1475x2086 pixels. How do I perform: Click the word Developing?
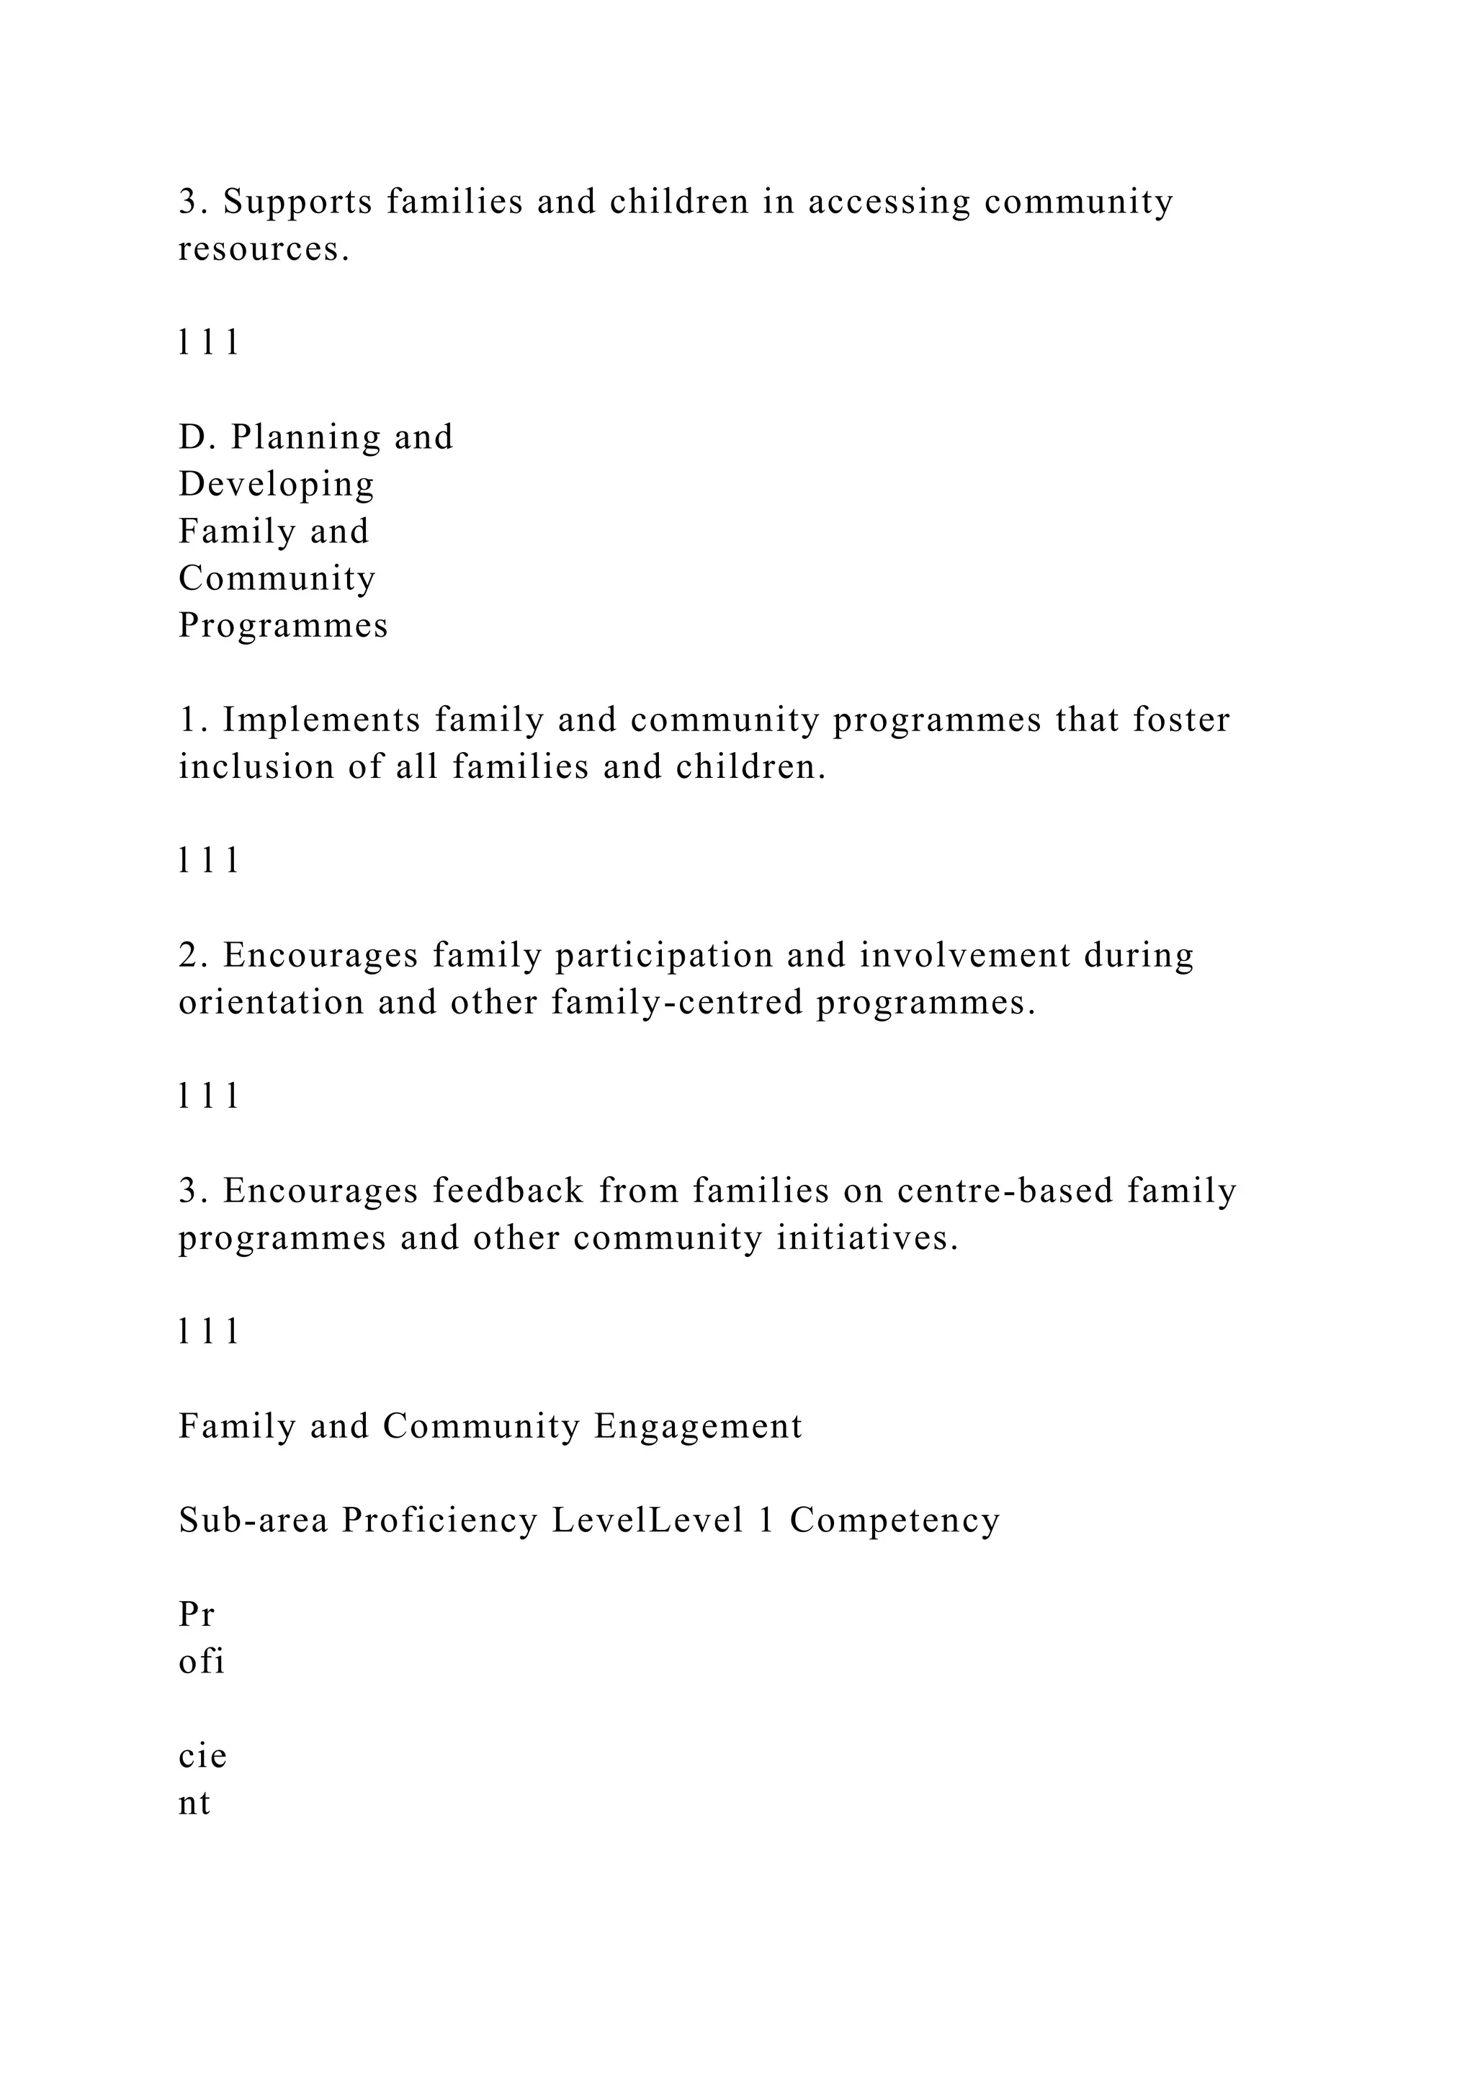(276, 485)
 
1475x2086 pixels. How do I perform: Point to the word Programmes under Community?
(282, 626)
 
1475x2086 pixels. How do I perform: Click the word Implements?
(321, 720)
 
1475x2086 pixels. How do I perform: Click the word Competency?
(894, 1521)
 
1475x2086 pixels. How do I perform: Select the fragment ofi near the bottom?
(201, 1662)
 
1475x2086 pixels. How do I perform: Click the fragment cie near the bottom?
(202, 1756)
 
